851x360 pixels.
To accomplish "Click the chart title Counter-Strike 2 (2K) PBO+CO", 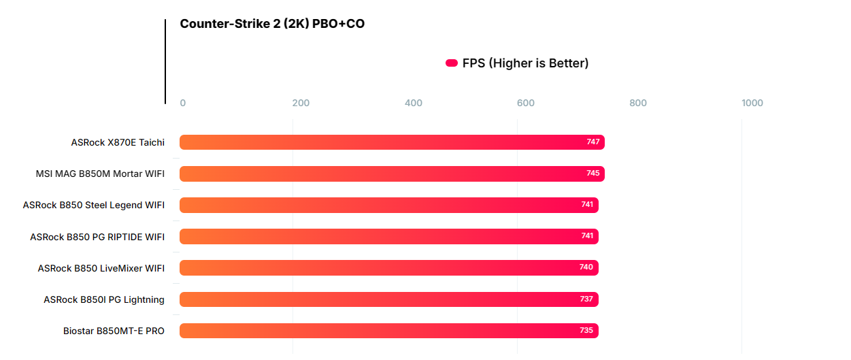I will pyautogui.click(x=272, y=24).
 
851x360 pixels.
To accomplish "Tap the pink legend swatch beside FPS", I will pyautogui.click(x=452, y=63).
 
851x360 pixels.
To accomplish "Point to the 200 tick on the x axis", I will pyautogui.click(x=301, y=103).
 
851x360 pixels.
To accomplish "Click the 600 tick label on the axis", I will pyautogui.click(x=526, y=103).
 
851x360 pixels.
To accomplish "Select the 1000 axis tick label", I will pyautogui.click(x=752, y=103).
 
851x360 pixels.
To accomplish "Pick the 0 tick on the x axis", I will pyautogui.click(x=182, y=103).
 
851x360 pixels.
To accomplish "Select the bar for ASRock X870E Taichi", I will pyautogui.click(x=392, y=142).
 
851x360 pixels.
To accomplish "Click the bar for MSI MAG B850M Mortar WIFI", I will pyautogui.click(x=392, y=174).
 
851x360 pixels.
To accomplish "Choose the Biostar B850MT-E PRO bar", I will pyautogui.click(x=388, y=331).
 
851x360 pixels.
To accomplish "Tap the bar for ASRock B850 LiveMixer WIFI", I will pyautogui.click(x=388, y=267).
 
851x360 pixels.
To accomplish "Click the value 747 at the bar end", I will pyautogui.click(x=593, y=142).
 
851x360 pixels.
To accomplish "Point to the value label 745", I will pyautogui.click(x=593, y=174).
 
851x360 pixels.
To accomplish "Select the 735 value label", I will pyautogui.click(x=586, y=331).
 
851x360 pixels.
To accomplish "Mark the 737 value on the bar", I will pyautogui.click(x=586, y=299).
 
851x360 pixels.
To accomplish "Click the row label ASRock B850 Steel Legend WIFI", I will pyautogui.click(x=94, y=205).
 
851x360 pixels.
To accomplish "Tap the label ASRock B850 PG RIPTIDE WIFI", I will pyautogui.click(x=97, y=237).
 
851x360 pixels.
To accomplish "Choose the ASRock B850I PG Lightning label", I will pyautogui.click(x=104, y=299).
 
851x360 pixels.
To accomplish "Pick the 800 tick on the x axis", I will pyautogui.click(x=638, y=103).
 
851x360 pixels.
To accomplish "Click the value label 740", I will pyautogui.click(x=586, y=267).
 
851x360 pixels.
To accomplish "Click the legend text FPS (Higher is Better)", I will pyautogui.click(x=525, y=63).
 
